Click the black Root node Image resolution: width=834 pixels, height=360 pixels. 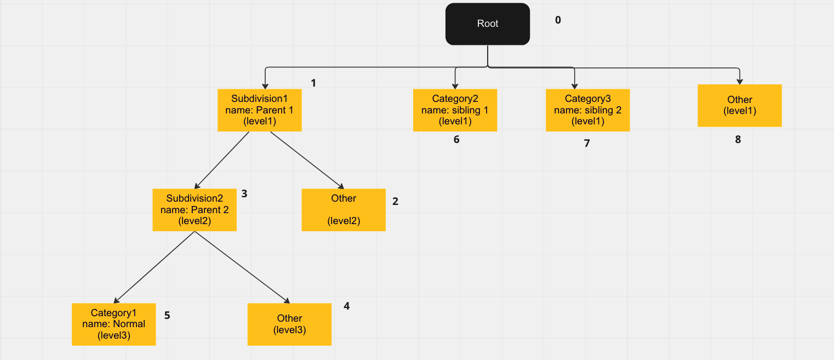click(487, 24)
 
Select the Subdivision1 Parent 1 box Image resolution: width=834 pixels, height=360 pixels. click(260, 110)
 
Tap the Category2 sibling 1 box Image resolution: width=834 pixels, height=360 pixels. click(455, 110)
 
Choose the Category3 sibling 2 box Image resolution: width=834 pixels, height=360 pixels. click(587, 110)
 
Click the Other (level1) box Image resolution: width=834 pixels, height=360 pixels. click(739, 105)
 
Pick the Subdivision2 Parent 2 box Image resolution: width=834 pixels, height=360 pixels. click(195, 210)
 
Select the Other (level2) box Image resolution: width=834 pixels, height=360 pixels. click(344, 210)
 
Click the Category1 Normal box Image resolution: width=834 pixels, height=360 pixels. click(113, 324)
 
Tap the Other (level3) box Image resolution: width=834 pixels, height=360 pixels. click(289, 324)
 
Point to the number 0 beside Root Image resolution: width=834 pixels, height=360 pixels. click(558, 20)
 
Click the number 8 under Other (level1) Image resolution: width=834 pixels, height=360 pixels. click(738, 140)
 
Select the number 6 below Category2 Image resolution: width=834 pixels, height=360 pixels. click(456, 140)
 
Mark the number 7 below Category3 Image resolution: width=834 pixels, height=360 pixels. click(587, 144)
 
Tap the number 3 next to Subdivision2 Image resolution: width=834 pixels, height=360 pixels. click(244, 194)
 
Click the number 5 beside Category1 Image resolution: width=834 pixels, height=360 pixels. click(167, 316)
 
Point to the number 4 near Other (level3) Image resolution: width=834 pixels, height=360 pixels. click(346, 306)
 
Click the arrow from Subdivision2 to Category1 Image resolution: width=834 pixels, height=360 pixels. click(155, 267)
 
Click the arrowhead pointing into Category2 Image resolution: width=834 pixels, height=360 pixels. click(455, 85)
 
